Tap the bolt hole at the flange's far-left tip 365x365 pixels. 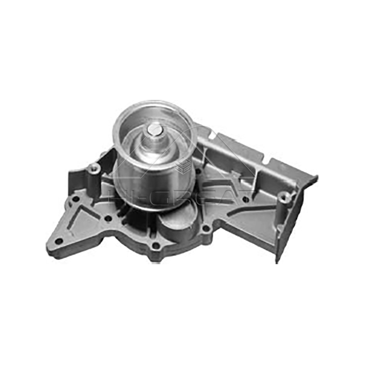coord(58,240)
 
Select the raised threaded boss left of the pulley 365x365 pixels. coord(94,168)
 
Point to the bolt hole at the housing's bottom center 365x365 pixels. coord(156,246)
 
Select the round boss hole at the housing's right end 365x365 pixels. coord(284,197)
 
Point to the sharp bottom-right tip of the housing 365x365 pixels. coord(277,262)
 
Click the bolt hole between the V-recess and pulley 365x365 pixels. coord(108,218)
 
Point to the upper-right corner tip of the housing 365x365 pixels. coord(316,177)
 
